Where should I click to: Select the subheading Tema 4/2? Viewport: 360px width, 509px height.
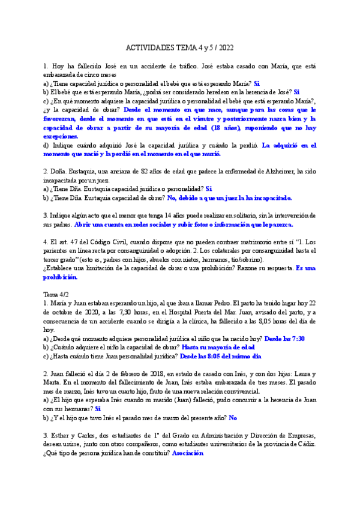tap(56, 295)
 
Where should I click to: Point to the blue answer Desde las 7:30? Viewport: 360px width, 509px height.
tap(285, 339)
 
